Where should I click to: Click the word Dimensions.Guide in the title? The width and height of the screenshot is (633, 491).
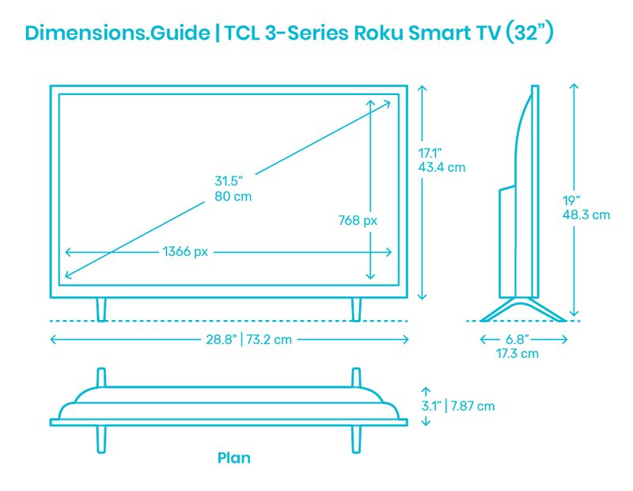point(117,32)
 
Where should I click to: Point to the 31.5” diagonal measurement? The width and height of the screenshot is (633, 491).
point(229,181)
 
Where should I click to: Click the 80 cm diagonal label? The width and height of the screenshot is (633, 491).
point(233,196)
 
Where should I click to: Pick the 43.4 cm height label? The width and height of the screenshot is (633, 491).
point(442,167)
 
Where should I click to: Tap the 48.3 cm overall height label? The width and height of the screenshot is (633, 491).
point(586,215)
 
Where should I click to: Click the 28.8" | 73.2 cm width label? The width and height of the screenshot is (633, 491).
point(248,339)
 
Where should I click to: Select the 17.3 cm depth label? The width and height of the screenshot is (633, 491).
point(517,354)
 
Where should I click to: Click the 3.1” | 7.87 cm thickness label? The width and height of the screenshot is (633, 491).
point(458,405)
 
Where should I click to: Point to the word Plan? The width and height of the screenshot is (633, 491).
point(233,458)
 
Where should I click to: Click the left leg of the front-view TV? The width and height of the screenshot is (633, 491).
point(101,310)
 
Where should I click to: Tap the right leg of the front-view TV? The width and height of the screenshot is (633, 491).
point(355,310)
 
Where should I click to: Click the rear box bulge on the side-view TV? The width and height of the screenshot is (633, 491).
point(507,242)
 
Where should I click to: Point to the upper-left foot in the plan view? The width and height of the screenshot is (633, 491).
point(101,378)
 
